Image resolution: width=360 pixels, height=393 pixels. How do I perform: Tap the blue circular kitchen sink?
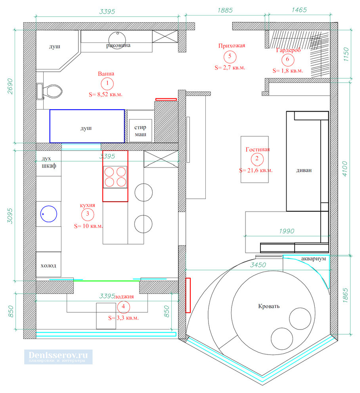[49, 214]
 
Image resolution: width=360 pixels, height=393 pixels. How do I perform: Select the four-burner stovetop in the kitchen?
[115, 177]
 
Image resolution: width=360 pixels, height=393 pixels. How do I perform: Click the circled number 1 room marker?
[107, 83]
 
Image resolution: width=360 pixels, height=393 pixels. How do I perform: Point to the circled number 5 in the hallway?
[230, 57]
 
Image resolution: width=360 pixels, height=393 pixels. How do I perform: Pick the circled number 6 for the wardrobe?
[288, 60]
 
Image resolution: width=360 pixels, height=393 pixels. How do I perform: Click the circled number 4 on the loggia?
[123, 307]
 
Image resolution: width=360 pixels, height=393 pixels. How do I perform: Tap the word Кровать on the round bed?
[269, 306]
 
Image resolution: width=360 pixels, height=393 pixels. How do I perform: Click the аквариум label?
[314, 259]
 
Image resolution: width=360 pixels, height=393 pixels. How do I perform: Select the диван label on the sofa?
[304, 170]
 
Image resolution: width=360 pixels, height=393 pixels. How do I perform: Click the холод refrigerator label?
[48, 266]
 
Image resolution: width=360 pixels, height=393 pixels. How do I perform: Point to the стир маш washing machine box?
[140, 131]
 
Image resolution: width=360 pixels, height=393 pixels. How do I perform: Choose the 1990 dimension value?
[287, 231]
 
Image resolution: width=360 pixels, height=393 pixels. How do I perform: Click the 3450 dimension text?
[258, 265]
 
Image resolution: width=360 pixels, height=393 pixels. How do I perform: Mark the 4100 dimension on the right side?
[345, 169]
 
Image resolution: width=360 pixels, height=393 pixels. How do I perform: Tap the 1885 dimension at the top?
[225, 10]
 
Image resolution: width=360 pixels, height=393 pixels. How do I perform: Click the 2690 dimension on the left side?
[10, 86]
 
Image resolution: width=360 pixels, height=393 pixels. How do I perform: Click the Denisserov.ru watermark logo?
[58, 356]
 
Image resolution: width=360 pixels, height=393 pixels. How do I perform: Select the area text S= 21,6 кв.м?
[256, 170]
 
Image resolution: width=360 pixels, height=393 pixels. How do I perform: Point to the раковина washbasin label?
[118, 45]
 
